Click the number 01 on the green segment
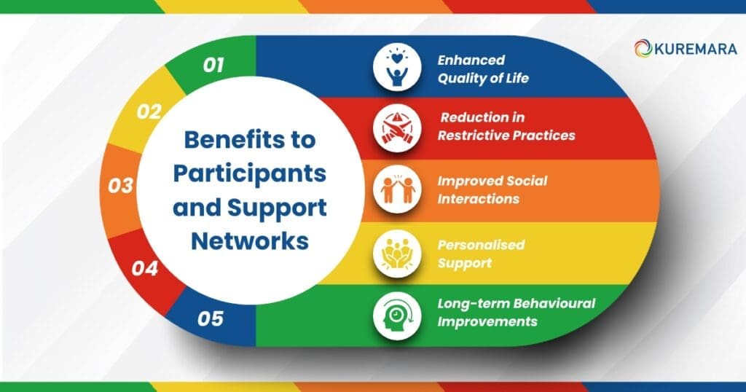(213, 66)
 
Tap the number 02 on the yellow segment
(149, 111)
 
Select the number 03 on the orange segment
(121, 185)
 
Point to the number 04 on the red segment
(145, 268)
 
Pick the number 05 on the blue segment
(210, 318)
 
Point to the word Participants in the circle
(248, 173)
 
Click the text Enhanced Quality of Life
(482, 69)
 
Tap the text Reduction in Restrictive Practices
(506, 126)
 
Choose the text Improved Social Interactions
(492, 189)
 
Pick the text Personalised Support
(480, 253)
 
